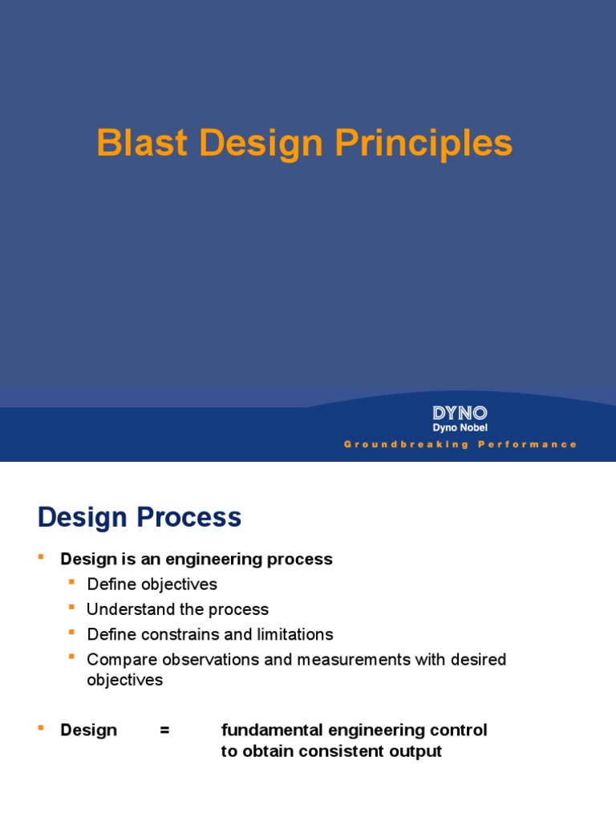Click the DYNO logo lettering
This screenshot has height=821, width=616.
click(460, 413)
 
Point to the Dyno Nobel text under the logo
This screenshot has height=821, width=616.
click(460, 428)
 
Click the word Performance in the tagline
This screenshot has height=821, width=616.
click(527, 444)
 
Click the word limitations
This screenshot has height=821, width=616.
click(293, 634)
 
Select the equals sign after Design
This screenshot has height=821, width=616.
click(164, 730)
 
